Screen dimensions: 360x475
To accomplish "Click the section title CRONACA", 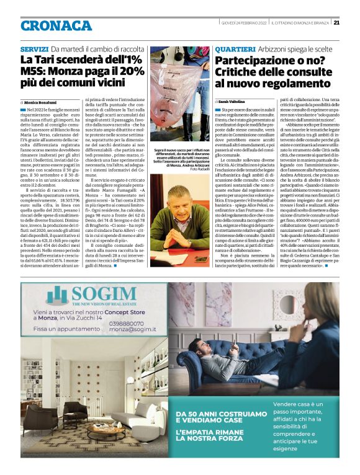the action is pos(56,25).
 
